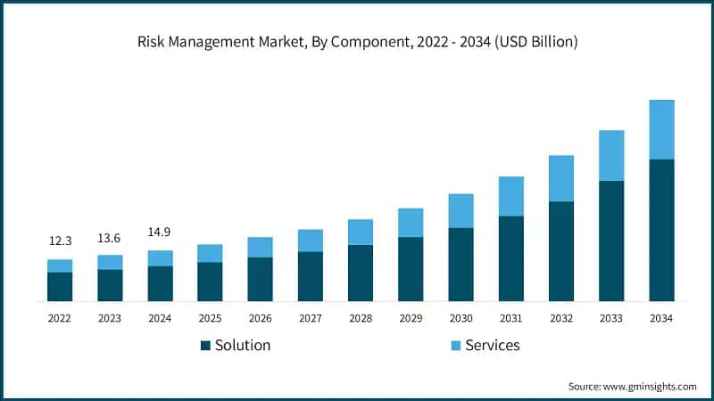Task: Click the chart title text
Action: coord(357,42)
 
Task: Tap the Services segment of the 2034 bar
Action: coord(661,129)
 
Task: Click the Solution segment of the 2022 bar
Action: coord(60,286)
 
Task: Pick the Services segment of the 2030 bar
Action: coord(461,210)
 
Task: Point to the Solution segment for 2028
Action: coord(361,273)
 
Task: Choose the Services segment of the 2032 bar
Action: coord(560,178)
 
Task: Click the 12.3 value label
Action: coord(60,241)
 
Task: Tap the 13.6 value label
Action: coord(110,237)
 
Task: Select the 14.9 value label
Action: coord(160,233)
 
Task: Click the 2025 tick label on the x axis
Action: coord(210,318)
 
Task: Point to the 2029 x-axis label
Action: coord(411,318)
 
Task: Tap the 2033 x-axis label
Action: coord(611,318)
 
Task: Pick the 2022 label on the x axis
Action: coord(60,318)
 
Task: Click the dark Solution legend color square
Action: coord(205,345)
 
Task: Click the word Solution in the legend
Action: coord(243,345)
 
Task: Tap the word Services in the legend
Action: coord(492,345)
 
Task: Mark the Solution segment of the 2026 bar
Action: coord(260,279)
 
